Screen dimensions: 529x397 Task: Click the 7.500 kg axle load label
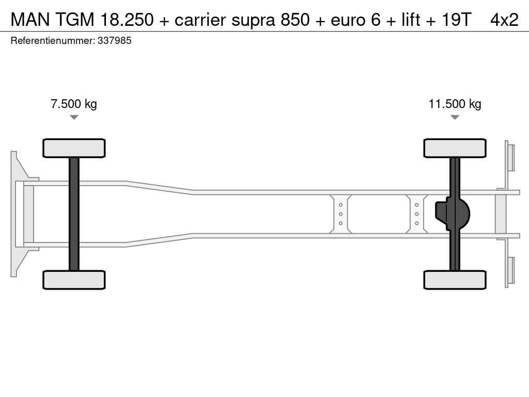tap(74, 104)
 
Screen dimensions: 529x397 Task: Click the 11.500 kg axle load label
tap(455, 104)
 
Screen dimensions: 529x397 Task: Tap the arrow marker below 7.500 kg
tap(74, 117)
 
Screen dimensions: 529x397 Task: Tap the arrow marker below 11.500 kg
tap(455, 117)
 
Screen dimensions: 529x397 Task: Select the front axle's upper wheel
tap(74, 148)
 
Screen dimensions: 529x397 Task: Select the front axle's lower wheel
tap(74, 280)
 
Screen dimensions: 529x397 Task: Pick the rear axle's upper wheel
tap(455, 148)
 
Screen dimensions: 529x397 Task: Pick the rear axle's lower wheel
tap(455, 280)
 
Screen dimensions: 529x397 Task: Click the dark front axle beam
tap(74, 214)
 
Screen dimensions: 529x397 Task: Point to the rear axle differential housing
tap(453, 214)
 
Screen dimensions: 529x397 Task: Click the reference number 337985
tap(114, 41)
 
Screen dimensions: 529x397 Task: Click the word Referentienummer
tap(53, 41)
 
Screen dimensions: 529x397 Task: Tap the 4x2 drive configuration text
tap(504, 20)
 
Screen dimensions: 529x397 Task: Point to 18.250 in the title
tap(127, 20)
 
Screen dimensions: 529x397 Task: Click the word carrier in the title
tap(200, 20)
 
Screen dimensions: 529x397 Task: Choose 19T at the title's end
tap(456, 20)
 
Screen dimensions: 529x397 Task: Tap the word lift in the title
tap(411, 20)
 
